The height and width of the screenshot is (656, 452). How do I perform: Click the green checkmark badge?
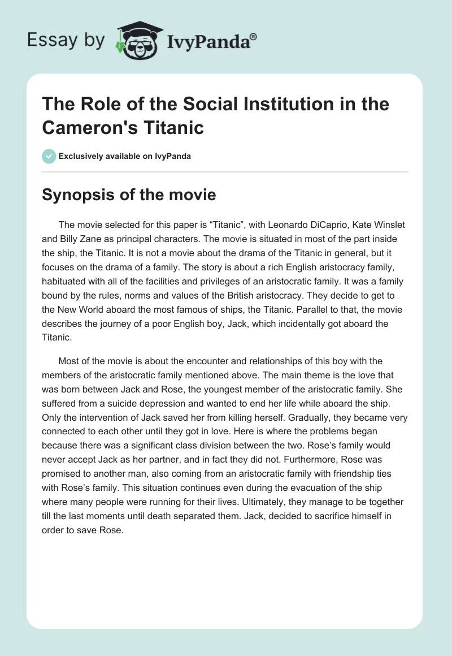coord(50,156)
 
